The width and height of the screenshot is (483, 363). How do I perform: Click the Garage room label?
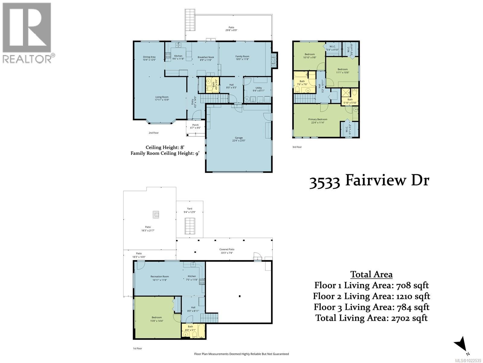click(238, 139)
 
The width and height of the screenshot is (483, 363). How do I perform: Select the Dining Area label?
click(149, 58)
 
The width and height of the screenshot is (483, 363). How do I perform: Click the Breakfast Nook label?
click(206, 58)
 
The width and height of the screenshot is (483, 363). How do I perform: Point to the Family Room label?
click(242, 58)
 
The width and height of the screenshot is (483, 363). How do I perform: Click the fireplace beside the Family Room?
click(274, 60)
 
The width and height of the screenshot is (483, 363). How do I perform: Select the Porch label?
click(195, 126)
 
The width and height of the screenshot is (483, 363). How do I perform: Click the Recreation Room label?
click(160, 278)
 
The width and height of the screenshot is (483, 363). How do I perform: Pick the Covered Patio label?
click(227, 251)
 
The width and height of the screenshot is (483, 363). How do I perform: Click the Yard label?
click(190, 210)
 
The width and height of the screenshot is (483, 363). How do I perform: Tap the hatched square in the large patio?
click(155, 214)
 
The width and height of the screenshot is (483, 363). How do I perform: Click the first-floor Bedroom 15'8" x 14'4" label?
click(157, 319)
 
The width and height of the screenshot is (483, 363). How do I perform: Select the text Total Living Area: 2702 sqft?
click(371, 318)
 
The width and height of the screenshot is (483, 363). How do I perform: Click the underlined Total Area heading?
click(371, 274)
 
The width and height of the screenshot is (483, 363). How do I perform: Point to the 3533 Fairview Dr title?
click(369, 181)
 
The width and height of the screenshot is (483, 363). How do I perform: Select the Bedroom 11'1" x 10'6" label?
click(342, 71)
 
